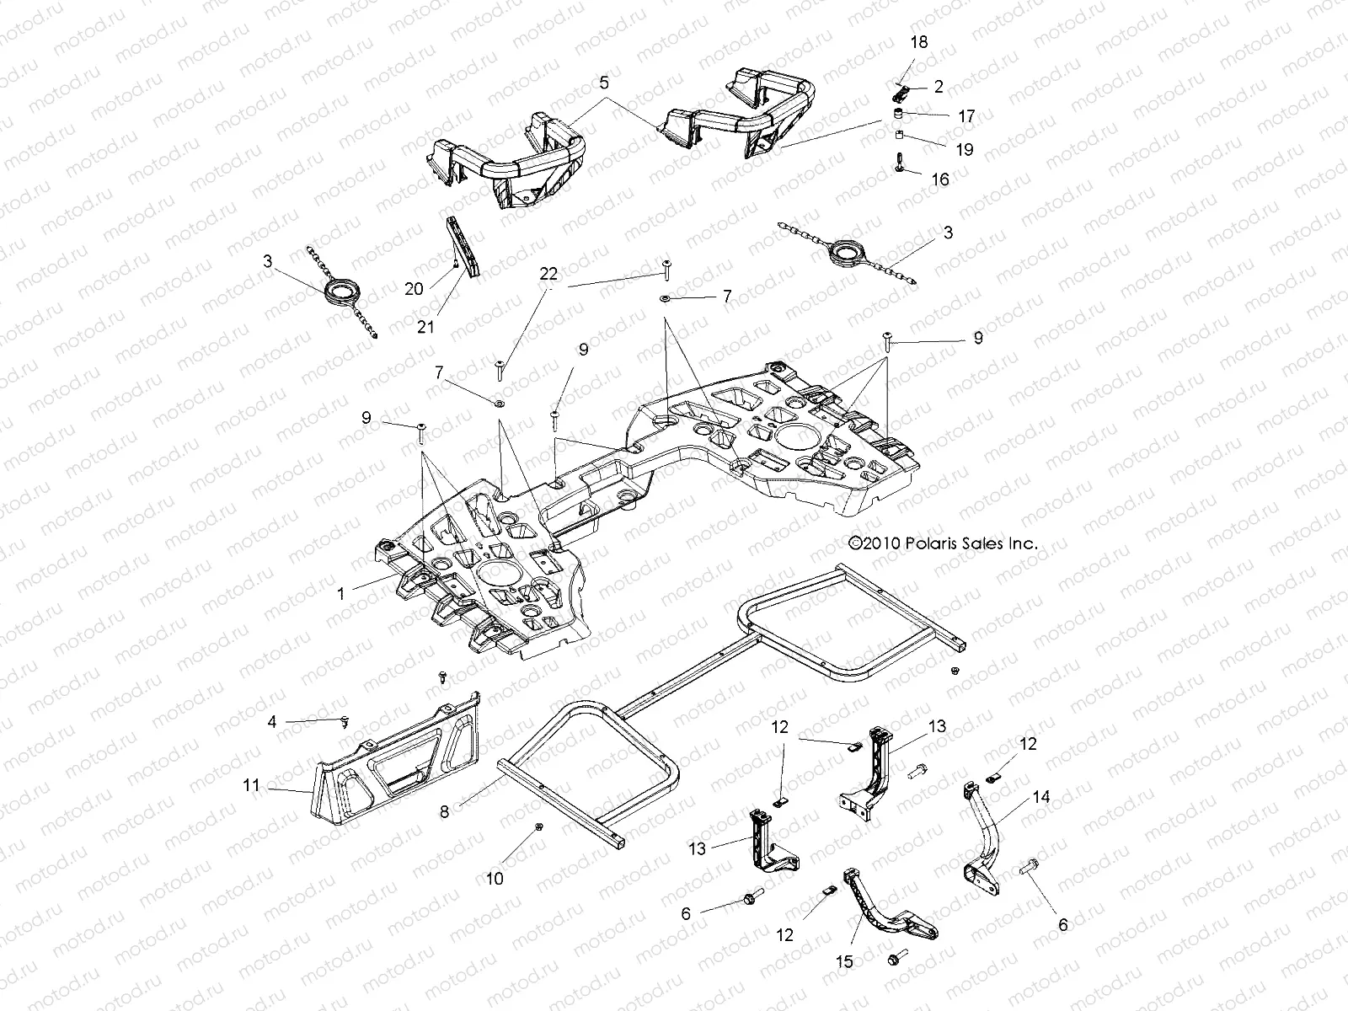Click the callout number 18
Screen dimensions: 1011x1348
tap(919, 42)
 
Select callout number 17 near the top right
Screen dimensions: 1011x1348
tap(966, 117)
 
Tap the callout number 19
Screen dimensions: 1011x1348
tap(965, 149)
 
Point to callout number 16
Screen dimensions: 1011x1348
tap(940, 179)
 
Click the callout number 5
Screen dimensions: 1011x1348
tap(602, 83)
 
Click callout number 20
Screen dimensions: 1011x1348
tap(414, 288)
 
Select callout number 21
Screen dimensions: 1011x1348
tap(425, 326)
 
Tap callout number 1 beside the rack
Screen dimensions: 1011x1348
tap(341, 594)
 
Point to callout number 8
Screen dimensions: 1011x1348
tap(445, 812)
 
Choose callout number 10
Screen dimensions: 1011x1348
tap(495, 879)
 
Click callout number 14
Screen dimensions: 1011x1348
tap(1040, 798)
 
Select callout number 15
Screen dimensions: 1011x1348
tap(844, 961)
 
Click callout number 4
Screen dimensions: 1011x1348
tap(272, 721)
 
